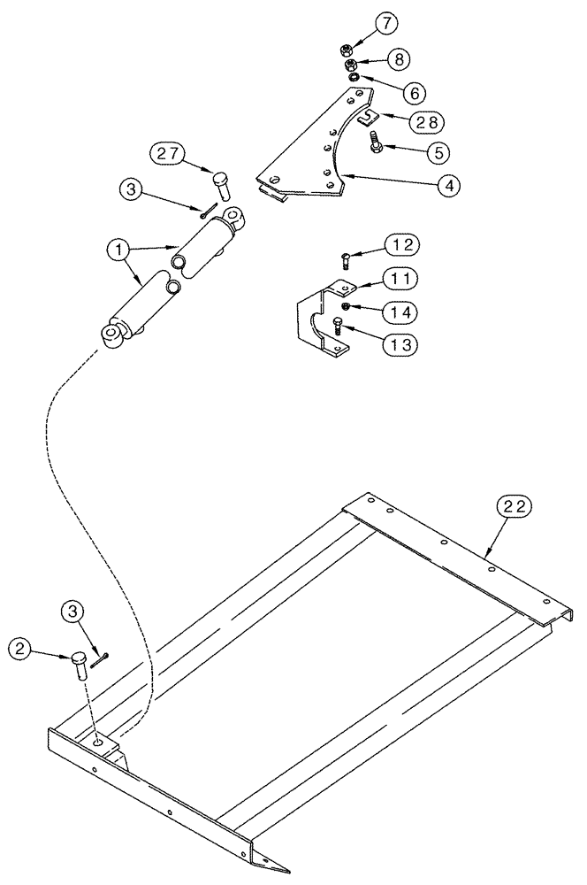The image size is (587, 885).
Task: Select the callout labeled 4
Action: [449, 186]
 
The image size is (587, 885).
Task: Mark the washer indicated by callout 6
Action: [354, 77]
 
